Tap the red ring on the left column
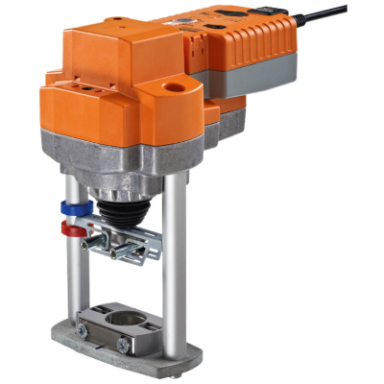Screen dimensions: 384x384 69,228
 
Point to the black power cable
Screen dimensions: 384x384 331,21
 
